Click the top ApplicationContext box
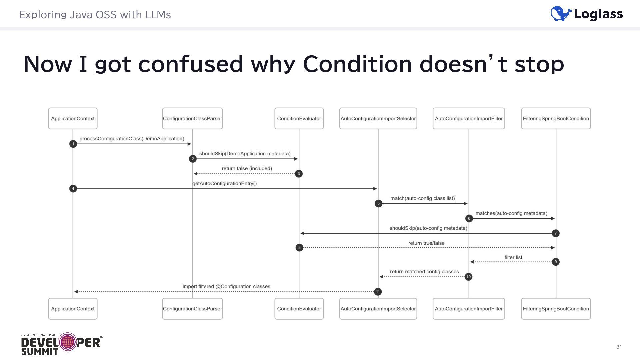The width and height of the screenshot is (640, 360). click(x=73, y=118)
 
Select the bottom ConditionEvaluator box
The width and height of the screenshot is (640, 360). click(x=299, y=309)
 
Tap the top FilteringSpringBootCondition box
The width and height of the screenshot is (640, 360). click(x=556, y=118)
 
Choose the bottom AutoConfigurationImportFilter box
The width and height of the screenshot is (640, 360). click(x=469, y=309)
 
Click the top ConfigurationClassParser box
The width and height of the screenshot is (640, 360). click(x=192, y=118)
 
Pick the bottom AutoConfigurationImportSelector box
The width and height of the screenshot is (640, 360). click(x=378, y=309)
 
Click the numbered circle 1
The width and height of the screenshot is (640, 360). click(x=73, y=144)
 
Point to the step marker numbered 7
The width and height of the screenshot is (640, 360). click(x=555, y=233)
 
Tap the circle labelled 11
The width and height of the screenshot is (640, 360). click(x=378, y=292)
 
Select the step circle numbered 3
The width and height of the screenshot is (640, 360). click(x=299, y=174)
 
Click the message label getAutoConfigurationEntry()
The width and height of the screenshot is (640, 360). click(x=224, y=183)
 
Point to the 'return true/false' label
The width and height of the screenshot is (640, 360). click(x=426, y=243)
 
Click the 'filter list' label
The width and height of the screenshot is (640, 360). click(x=513, y=257)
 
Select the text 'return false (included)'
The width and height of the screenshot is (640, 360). click(x=247, y=168)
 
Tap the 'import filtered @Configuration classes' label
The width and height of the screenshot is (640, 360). click(x=226, y=286)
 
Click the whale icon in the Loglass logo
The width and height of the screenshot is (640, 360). click(x=561, y=14)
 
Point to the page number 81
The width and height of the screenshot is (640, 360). click(x=619, y=347)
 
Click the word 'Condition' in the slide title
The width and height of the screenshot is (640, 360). click(x=357, y=64)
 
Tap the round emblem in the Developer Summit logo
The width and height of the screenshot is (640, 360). click(x=68, y=342)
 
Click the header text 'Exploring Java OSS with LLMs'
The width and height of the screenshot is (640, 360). click(x=95, y=15)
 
